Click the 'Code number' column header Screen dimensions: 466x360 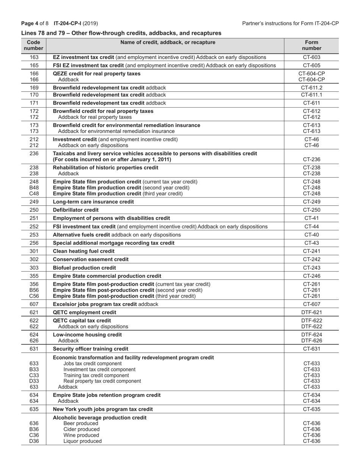pyautogui.click(x=34, y=45)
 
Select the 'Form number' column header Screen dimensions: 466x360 pyautogui.click(x=311, y=45)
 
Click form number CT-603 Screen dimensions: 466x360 pyautogui.click(x=311, y=57)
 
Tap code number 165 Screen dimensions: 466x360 pyautogui.click(x=34, y=65)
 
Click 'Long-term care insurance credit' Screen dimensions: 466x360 pyautogui.click(x=93, y=202)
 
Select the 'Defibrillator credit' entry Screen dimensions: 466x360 pyautogui.click(x=76, y=210)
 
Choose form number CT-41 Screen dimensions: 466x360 pyautogui.click(x=311, y=218)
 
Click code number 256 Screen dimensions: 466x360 pyautogui.click(x=34, y=243)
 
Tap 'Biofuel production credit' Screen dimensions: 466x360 pyautogui.click(x=85, y=268)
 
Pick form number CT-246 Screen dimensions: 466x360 pyautogui.click(x=311, y=276)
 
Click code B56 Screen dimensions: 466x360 pyautogui.click(x=34, y=290)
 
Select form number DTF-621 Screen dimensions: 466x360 pyautogui.click(x=311, y=312)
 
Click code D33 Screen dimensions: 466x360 pyautogui.click(x=34, y=381)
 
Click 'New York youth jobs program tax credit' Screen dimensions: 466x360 pyautogui.click(x=103, y=409)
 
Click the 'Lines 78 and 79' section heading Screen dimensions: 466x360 pyautogui.click(x=121, y=33)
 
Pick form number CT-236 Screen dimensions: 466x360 pyautogui.click(x=311, y=160)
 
